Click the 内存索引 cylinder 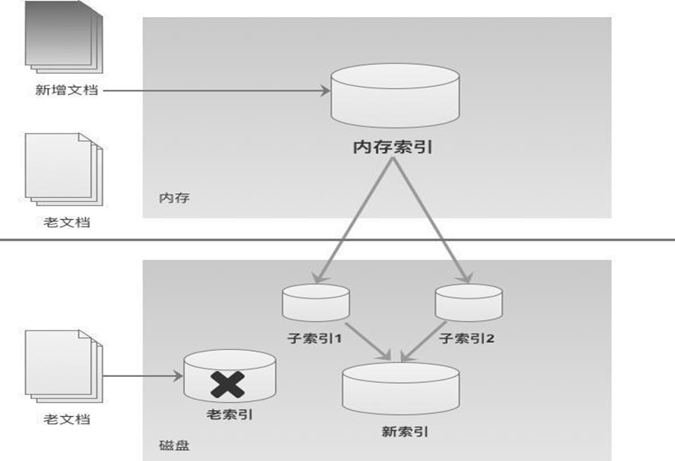(x=395, y=96)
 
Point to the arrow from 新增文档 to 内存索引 (x=214, y=91)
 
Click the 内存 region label (x=171, y=198)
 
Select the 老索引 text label (x=229, y=415)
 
